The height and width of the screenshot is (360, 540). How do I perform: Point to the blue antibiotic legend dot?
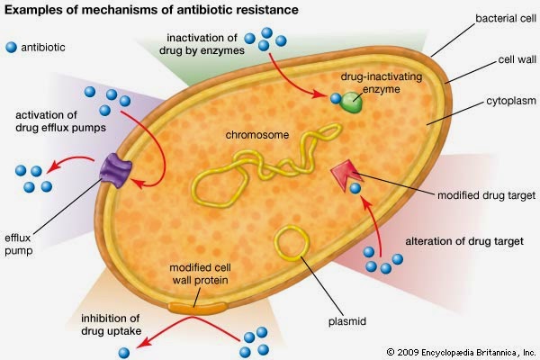[11, 46]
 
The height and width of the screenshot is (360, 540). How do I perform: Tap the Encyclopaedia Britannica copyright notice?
[460, 350]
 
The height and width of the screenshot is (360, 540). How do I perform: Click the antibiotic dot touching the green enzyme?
[335, 99]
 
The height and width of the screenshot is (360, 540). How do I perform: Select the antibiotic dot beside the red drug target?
[357, 189]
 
